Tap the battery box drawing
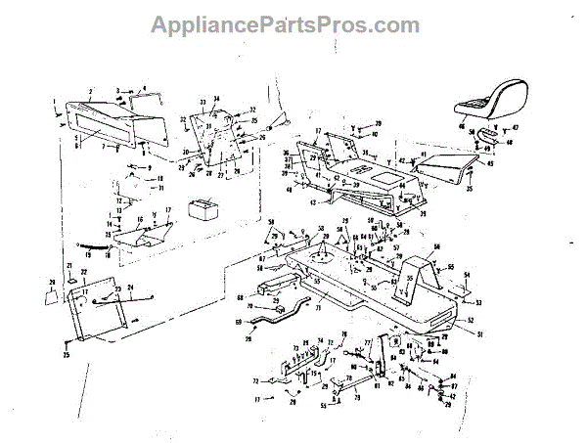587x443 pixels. pos(204,210)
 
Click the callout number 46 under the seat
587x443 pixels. pos(463,128)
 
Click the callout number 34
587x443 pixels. pos(216,98)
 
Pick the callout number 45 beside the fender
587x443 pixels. pos(491,164)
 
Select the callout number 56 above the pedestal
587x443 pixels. pos(437,246)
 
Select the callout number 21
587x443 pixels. pos(70,267)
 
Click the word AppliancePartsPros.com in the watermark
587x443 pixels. pos(293,23)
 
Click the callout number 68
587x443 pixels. pos(239,296)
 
